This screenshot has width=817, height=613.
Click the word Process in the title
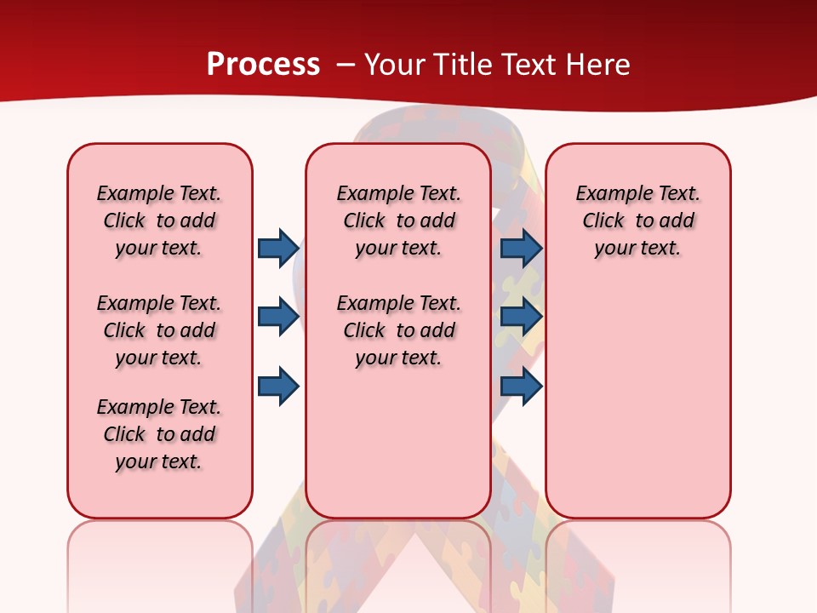click(x=263, y=65)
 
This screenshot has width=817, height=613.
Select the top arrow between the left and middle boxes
click(x=278, y=248)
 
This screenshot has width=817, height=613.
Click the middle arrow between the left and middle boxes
click(x=278, y=317)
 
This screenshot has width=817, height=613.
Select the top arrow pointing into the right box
click(x=521, y=248)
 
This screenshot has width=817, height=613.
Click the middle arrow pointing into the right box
click(x=521, y=317)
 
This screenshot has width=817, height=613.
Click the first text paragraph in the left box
click(x=159, y=221)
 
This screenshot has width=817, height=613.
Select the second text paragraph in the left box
click(x=159, y=330)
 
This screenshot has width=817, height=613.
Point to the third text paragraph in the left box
click(x=159, y=434)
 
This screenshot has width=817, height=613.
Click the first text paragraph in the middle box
click(x=398, y=221)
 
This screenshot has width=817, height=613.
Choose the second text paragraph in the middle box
click(x=398, y=330)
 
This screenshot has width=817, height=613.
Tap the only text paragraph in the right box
click(x=637, y=221)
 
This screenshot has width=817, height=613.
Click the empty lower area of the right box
click(x=637, y=400)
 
